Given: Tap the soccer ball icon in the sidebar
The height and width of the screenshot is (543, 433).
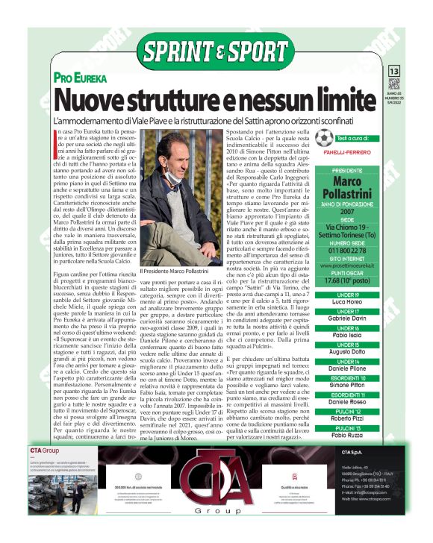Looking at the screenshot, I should coord(323,138).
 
